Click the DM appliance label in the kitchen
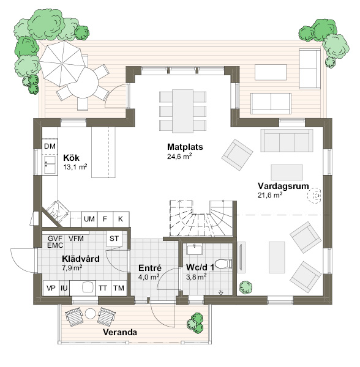[x=50, y=146]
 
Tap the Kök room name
[x=71, y=158]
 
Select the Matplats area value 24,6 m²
[x=179, y=157]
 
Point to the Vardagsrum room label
[x=283, y=186]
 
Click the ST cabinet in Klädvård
[x=114, y=239]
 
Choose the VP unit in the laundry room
[x=51, y=288]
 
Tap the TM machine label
[x=119, y=288]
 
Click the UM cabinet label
[x=89, y=219]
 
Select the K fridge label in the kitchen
[x=121, y=219]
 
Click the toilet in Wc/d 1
[x=223, y=264]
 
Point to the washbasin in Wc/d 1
[x=195, y=249]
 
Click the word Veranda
[x=120, y=332]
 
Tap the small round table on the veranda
[x=90, y=313]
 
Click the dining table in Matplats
[x=182, y=111]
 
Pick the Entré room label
[x=150, y=268]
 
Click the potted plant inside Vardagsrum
[x=246, y=287]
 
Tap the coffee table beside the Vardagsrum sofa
[x=287, y=172]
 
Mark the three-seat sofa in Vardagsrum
[x=287, y=141]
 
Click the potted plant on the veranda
[x=195, y=323]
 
